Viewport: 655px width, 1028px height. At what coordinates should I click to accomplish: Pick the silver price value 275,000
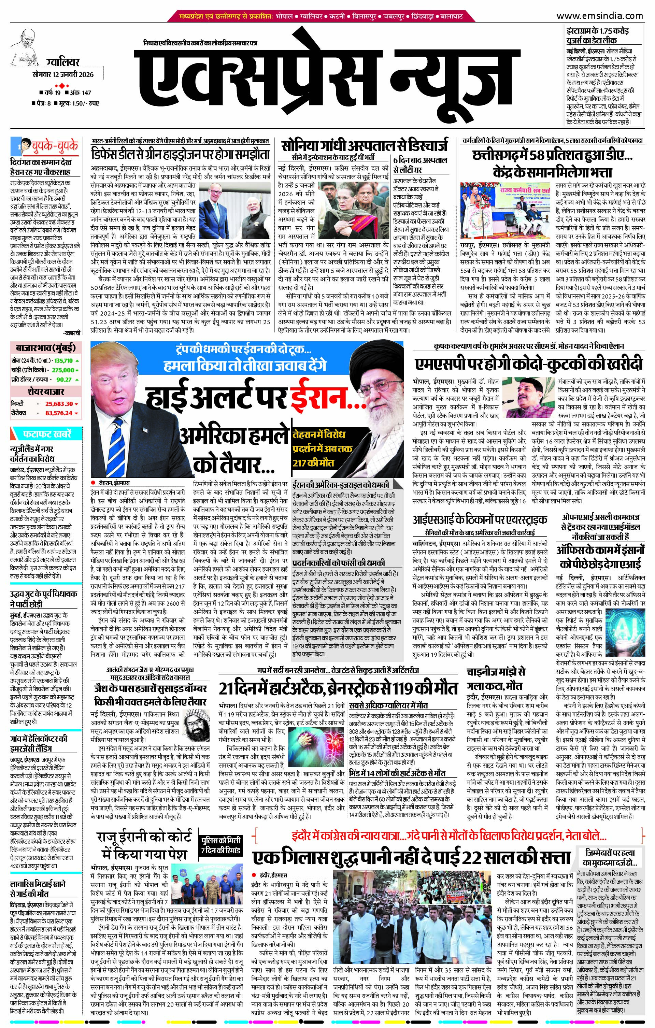(x=63, y=370)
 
